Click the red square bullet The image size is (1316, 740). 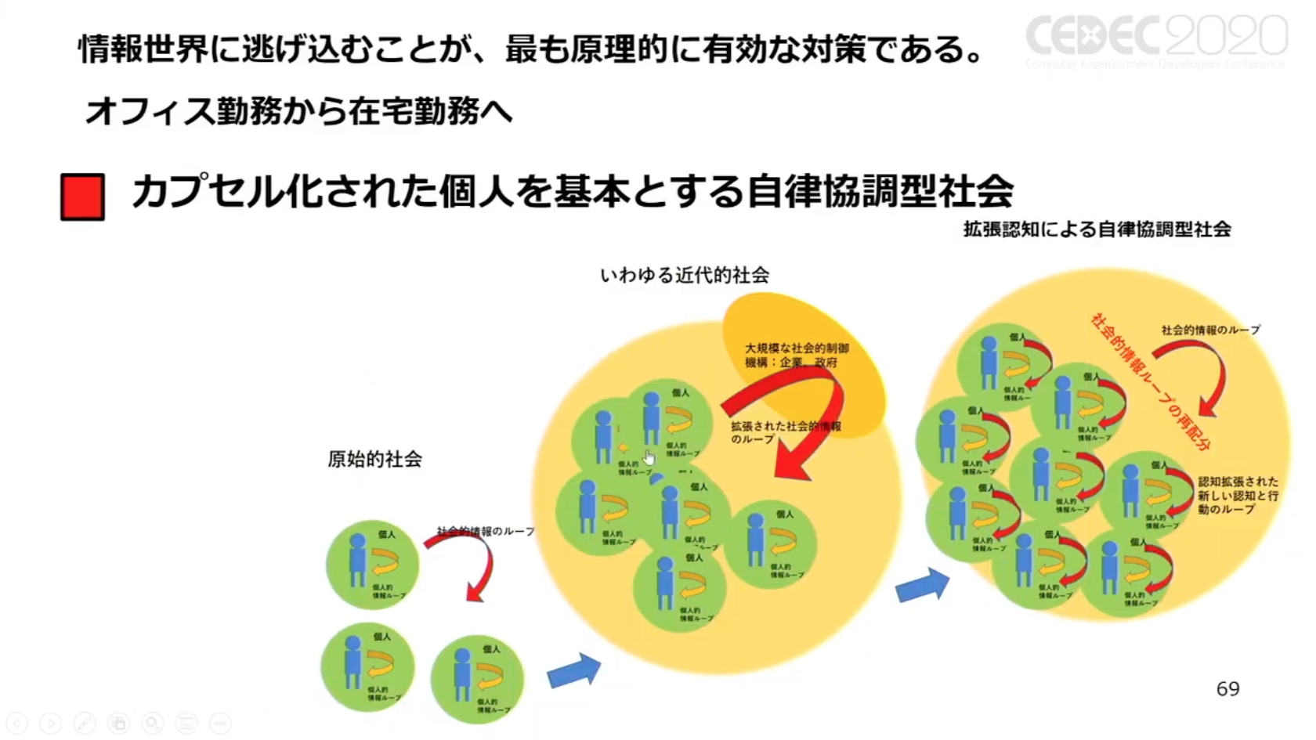point(82,197)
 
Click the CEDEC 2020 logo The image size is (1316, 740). point(1156,39)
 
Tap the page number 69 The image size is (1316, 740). point(1227,689)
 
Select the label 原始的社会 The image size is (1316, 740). point(374,460)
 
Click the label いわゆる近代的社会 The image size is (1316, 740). point(685,276)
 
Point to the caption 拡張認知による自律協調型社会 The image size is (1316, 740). point(1097,229)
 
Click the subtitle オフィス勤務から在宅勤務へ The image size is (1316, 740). point(298,112)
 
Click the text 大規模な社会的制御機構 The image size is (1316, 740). point(796,355)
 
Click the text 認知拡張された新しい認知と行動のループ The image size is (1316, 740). point(1238,495)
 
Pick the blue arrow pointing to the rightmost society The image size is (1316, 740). point(922,586)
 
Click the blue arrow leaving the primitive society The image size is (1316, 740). point(573,671)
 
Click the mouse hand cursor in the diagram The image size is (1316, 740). point(649,457)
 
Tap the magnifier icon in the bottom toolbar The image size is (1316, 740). point(152,724)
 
